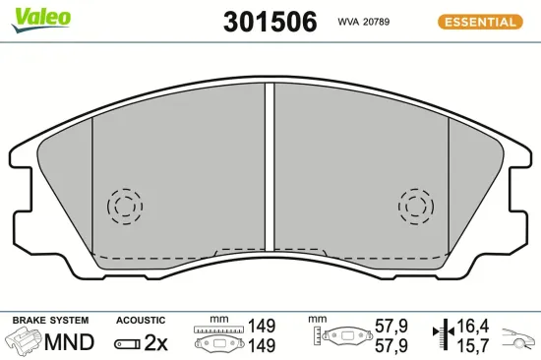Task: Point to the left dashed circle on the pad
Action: coord(124,206)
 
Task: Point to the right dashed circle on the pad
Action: coord(417,206)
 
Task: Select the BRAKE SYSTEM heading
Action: coord(49,321)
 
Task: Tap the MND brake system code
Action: coord(70,342)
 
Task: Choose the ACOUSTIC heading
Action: coord(140,321)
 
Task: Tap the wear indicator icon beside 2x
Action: coord(127,343)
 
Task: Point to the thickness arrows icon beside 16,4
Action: coord(443,334)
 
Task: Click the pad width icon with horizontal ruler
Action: coord(219,335)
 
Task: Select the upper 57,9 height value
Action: coord(391,325)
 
